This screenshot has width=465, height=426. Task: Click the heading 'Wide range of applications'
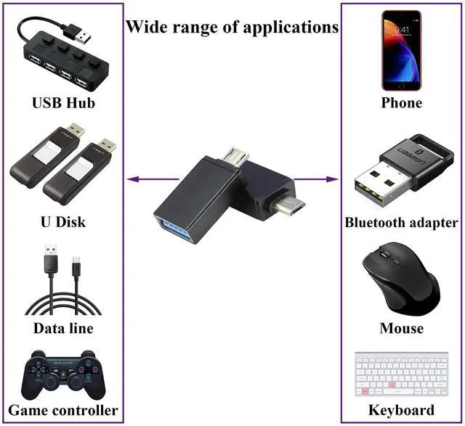[232, 28]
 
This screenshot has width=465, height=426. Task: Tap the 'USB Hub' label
[63, 103]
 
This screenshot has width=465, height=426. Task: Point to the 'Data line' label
[63, 328]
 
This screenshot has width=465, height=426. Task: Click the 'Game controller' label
[63, 410]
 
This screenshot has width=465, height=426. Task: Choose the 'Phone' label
[402, 103]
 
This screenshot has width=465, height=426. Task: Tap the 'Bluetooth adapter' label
[402, 222]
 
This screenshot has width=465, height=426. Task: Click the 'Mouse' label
[402, 328]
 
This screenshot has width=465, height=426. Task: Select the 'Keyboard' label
[402, 410]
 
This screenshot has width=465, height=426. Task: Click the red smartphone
[402, 49]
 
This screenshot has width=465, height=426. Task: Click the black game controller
[62, 374]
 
